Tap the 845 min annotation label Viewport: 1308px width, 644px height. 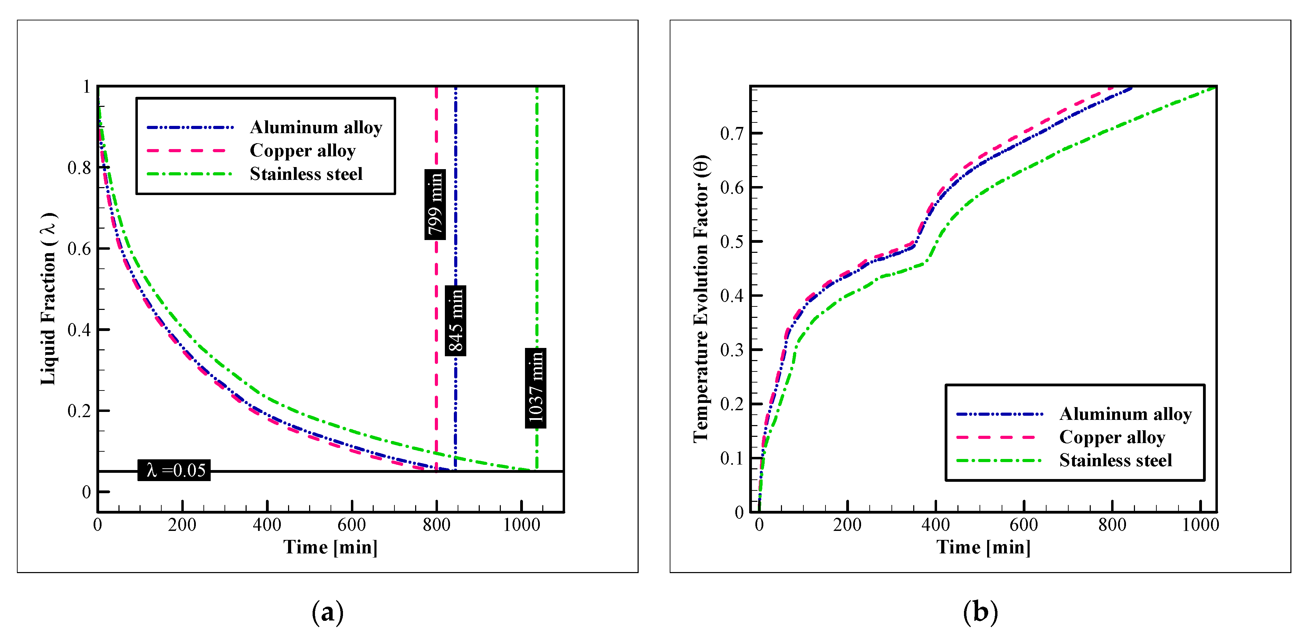pos(456,320)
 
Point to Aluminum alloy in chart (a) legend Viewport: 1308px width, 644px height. pos(316,127)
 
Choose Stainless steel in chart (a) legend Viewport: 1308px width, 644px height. pos(306,174)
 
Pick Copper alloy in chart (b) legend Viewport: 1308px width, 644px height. pos(1112,437)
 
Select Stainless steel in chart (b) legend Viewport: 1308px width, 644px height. pos(1116,460)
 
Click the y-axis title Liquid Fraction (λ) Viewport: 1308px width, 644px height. pos(48,299)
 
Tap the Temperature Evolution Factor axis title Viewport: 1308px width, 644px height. pos(701,299)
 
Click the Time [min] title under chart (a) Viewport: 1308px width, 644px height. pos(331,548)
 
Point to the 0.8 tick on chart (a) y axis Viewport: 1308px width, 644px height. pos(79,167)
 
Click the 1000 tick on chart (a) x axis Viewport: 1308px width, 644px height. pos(522,525)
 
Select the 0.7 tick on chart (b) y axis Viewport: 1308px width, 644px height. pos(731,134)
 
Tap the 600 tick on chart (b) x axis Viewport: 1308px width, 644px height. pos(1024,525)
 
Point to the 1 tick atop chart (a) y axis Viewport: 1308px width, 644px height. pos(86,87)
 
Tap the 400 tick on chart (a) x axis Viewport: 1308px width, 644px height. pos(267,525)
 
